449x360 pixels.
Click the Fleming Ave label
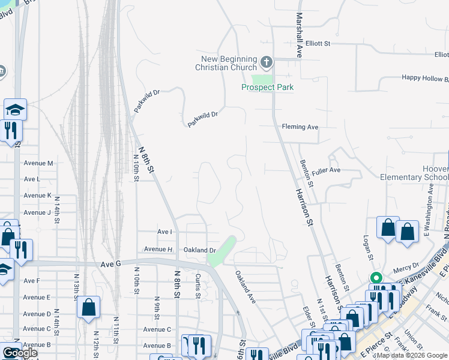(300, 127)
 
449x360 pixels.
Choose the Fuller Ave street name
(326, 170)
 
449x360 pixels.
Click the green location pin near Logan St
(376, 278)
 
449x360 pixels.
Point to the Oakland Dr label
(199, 250)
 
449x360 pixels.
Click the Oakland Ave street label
(246, 287)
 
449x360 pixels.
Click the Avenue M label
(38, 163)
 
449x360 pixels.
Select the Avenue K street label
(37, 196)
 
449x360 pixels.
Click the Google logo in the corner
(20, 353)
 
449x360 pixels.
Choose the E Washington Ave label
(427, 224)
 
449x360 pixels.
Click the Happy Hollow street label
(424, 78)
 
